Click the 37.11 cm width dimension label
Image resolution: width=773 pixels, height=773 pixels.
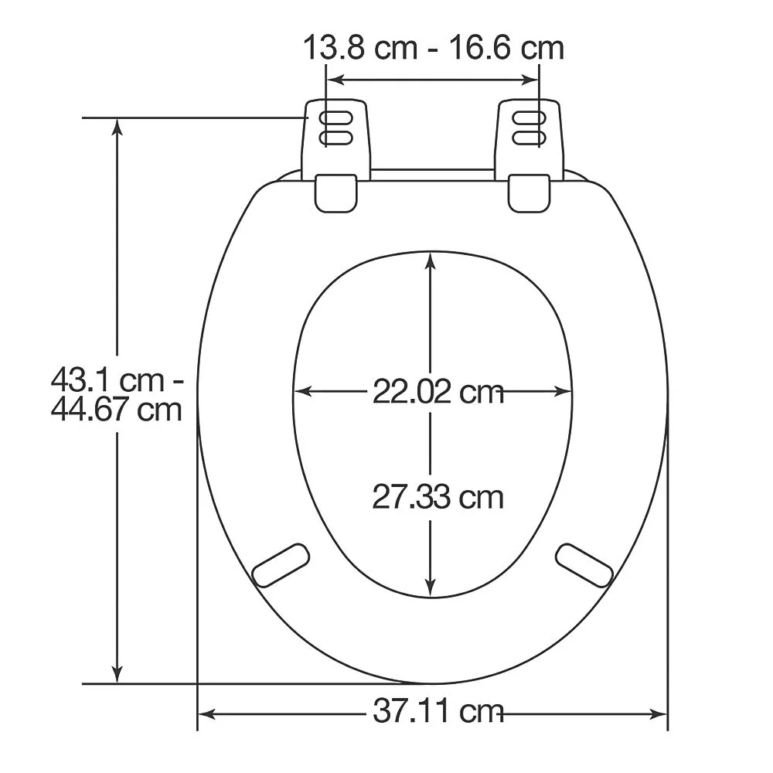coord(438,712)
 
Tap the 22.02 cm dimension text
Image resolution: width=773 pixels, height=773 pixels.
coord(438,393)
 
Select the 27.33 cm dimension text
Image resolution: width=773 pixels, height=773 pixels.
coord(438,497)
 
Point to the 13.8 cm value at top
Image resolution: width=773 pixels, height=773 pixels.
coord(360,48)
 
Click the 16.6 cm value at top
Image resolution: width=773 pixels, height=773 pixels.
coord(507,48)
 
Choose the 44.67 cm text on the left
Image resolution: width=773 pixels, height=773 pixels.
coord(117,409)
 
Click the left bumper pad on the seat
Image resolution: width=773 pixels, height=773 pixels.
coord(281,565)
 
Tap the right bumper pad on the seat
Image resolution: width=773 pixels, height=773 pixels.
coord(584,565)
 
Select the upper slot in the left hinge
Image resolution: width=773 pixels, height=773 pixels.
coord(335,119)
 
